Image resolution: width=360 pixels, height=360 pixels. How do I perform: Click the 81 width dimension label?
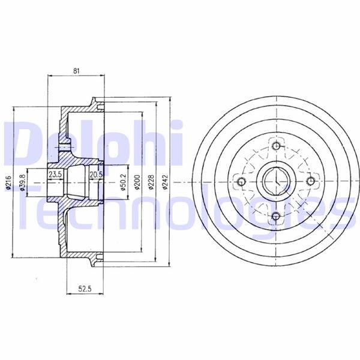point(76,71)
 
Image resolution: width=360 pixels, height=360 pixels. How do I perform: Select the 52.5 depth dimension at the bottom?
point(85,289)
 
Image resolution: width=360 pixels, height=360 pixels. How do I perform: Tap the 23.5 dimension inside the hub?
point(55,175)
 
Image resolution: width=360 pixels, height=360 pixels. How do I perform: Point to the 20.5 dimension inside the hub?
point(96,175)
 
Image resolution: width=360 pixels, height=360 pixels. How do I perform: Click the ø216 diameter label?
point(8,182)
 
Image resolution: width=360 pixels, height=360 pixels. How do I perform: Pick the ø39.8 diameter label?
point(22,182)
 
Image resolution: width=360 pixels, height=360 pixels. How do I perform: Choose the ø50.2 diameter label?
point(123,182)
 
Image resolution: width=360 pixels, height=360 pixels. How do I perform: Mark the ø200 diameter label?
point(137,182)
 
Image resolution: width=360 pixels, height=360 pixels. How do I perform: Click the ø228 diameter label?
point(151,182)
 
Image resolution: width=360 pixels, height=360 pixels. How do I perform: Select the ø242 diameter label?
point(165,182)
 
